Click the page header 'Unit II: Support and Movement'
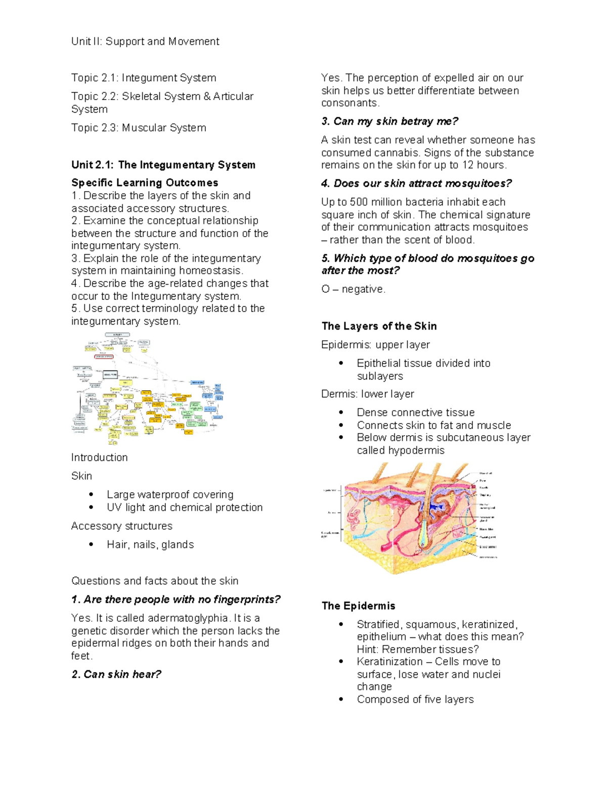coord(145,41)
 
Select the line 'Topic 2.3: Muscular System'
coord(139,128)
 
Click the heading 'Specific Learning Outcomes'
coord(145,182)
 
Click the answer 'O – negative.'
coord(353,289)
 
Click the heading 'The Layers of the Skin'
coord(379,326)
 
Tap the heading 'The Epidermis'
coord(358,606)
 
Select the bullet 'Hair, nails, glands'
coord(150,544)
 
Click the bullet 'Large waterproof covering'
coord(170,494)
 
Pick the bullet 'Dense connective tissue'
coord(415,412)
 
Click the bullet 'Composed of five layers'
coord(415,700)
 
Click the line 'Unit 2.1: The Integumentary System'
coord(163,165)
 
